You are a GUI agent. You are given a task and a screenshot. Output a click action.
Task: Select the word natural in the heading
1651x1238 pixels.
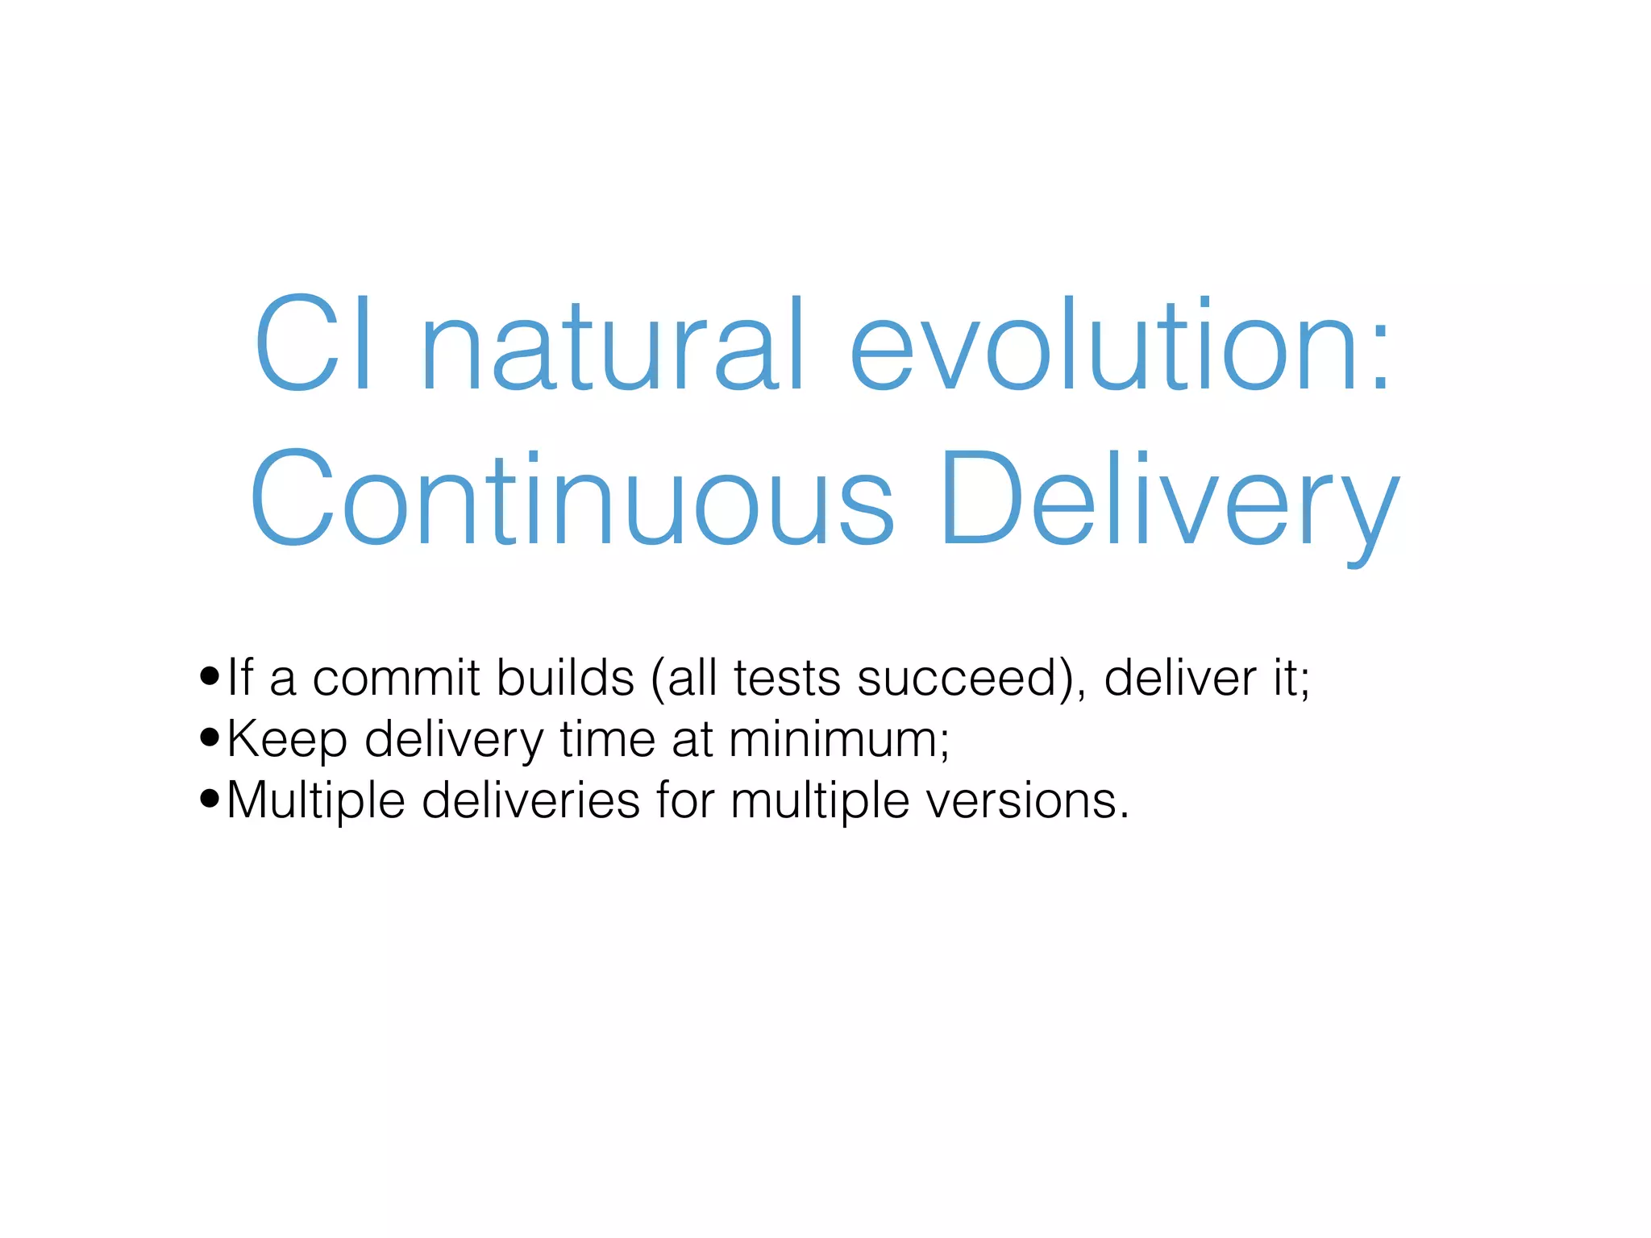613,344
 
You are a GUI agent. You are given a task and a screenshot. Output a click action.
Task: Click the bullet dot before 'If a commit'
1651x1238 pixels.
210,676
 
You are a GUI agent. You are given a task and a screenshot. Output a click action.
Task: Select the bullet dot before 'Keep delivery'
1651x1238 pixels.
210,737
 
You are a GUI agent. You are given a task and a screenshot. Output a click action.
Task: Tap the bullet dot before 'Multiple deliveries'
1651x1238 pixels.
210,799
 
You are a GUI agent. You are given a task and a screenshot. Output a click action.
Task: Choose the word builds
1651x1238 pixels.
565,677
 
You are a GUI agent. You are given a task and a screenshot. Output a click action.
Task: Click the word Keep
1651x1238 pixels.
287,740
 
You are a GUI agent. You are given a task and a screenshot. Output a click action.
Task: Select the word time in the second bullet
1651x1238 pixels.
608,738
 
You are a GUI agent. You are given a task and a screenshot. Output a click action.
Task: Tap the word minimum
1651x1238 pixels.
834,738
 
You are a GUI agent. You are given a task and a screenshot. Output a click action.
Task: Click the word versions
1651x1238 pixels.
1021,801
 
